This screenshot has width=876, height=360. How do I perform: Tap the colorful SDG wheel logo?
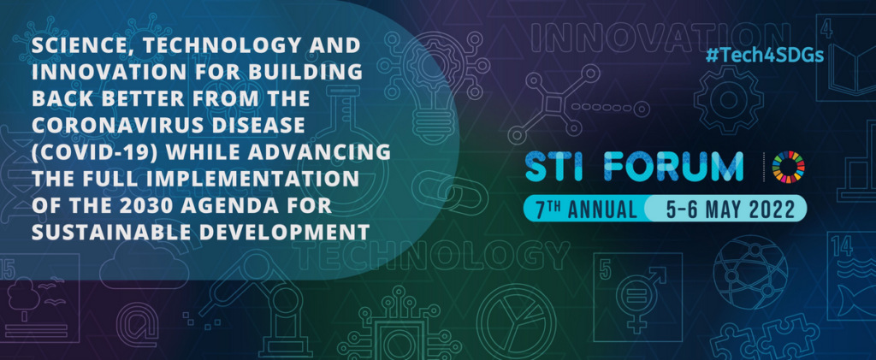[789, 167]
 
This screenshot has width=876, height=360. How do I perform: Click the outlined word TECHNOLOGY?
[434, 256]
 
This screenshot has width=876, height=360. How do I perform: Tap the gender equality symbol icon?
[638, 297]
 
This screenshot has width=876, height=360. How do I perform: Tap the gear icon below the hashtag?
[729, 100]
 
